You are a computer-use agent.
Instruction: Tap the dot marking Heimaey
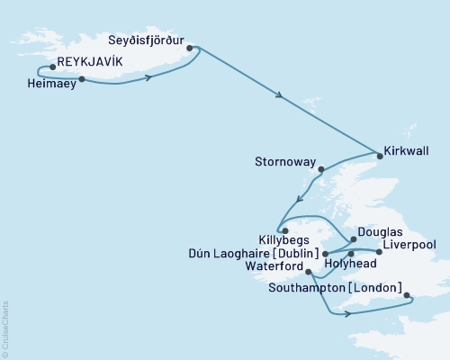pos(82,79)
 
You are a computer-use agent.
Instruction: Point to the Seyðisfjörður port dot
pos(190,49)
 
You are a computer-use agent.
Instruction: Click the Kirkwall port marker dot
pos(379,156)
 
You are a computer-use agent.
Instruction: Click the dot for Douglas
pos(353,240)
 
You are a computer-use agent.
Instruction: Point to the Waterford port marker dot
pos(309,272)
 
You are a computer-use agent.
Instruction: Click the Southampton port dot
pos(406,294)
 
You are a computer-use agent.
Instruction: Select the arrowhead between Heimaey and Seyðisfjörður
pos(148,78)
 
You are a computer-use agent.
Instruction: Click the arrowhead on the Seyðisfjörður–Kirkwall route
pos(284,99)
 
